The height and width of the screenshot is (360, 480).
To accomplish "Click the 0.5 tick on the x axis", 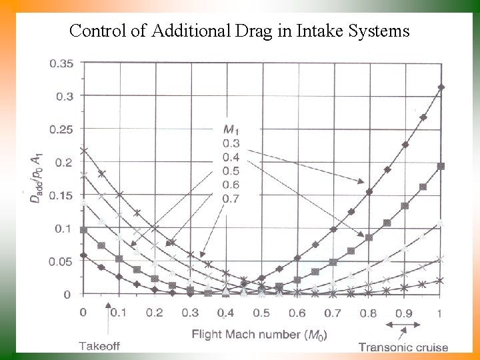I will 261,313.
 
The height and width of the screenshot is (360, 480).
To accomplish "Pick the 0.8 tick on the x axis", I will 369,313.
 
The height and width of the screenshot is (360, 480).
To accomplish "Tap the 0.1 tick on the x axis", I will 118,313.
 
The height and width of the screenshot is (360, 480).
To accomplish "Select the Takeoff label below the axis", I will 101,345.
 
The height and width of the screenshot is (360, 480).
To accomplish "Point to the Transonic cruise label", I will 403,346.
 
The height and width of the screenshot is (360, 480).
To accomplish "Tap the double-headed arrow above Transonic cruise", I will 404,325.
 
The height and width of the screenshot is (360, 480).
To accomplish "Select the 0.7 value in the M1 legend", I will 230,199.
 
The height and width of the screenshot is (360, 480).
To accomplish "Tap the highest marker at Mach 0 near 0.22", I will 83,151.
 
